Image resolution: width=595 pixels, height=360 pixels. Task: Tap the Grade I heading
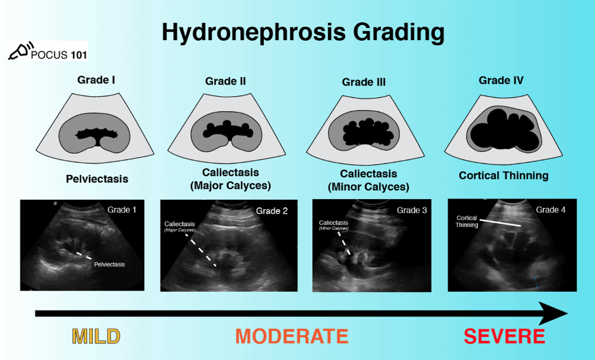(96, 80)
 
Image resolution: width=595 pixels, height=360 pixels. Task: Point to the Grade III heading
(364, 82)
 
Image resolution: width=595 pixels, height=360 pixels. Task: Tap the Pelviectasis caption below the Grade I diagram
(97, 179)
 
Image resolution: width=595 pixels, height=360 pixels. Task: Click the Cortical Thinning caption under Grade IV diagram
(503, 176)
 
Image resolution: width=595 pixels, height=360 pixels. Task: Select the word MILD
(96, 336)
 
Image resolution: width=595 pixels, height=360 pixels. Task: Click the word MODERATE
(292, 336)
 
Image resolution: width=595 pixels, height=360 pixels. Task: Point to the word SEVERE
(504, 336)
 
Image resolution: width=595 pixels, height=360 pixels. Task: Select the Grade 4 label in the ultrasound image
(551, 209)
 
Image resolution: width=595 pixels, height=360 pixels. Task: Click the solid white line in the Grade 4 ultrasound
(501, 223)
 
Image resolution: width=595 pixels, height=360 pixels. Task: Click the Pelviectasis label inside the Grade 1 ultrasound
(109, 263)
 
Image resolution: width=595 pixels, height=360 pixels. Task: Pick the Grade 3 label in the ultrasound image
(412, 210)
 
